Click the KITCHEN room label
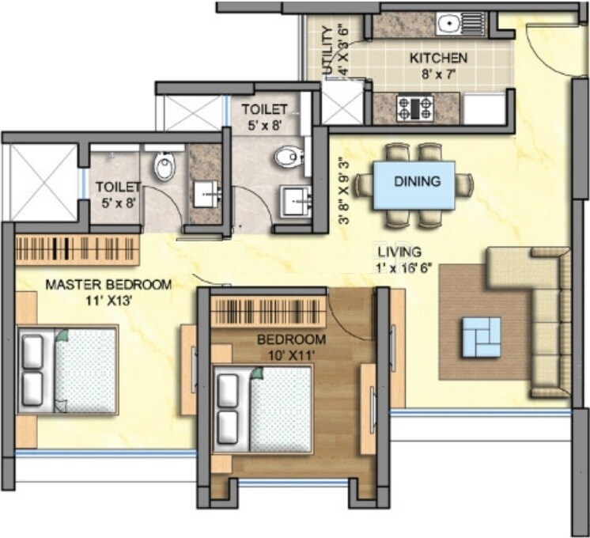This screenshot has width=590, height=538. point(438,58)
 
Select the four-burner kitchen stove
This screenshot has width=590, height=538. point(416,106)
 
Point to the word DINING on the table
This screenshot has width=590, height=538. point(418,182)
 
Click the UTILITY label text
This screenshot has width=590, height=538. point(329,51)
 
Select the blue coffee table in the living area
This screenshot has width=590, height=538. point(481,335)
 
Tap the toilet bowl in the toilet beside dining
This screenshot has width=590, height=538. point(288,157)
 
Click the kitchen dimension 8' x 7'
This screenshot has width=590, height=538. point(437,77)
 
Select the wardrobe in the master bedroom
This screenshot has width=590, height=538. point(78,249)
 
